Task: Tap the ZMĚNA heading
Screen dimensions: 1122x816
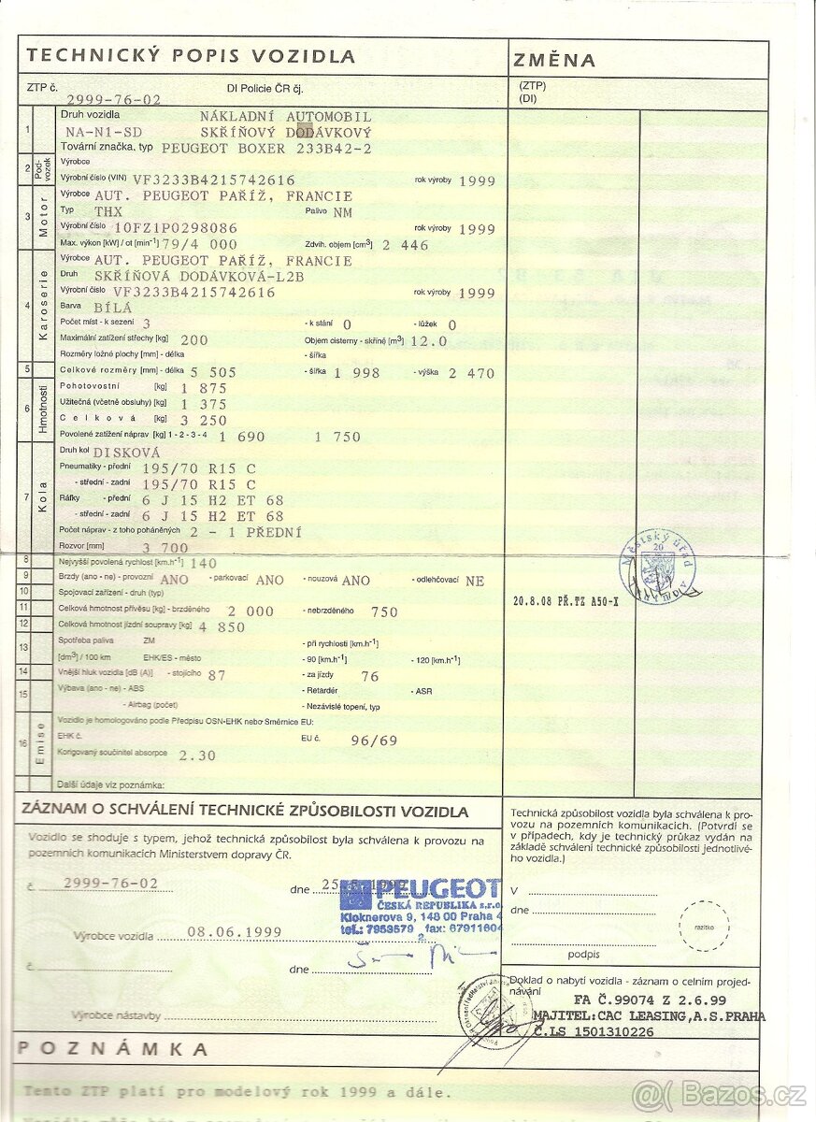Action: (553, 61)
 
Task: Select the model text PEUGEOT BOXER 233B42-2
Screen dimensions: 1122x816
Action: (267, 148)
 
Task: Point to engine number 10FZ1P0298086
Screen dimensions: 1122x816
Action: (163, 227)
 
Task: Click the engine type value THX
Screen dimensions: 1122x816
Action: (109, 211)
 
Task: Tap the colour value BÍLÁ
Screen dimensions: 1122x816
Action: (114, 307)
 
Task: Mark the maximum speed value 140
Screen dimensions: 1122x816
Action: (203, 564)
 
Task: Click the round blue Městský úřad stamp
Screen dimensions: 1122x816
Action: (658, 566)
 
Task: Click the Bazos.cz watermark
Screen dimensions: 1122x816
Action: (719, 1094)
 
